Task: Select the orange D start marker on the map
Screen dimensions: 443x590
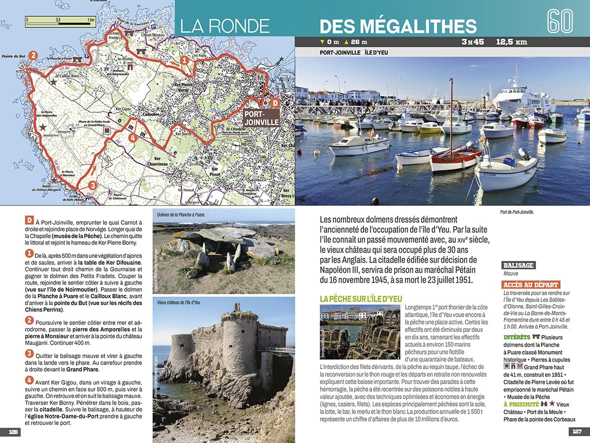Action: tap(274, 103)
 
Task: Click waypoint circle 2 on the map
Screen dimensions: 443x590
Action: tap(33, 55)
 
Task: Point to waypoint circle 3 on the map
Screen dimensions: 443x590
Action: tap(91, 186)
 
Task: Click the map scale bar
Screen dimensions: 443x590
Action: tap(60, 20)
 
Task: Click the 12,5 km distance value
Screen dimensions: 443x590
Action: tap(512, 42)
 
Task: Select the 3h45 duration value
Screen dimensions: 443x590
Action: tap(472, 42)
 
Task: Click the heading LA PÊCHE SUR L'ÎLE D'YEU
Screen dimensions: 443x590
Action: tap(361, 298)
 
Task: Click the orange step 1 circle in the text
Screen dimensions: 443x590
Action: tap(29, 254)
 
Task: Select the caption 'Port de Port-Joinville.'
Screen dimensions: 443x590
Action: tap(517, 212)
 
